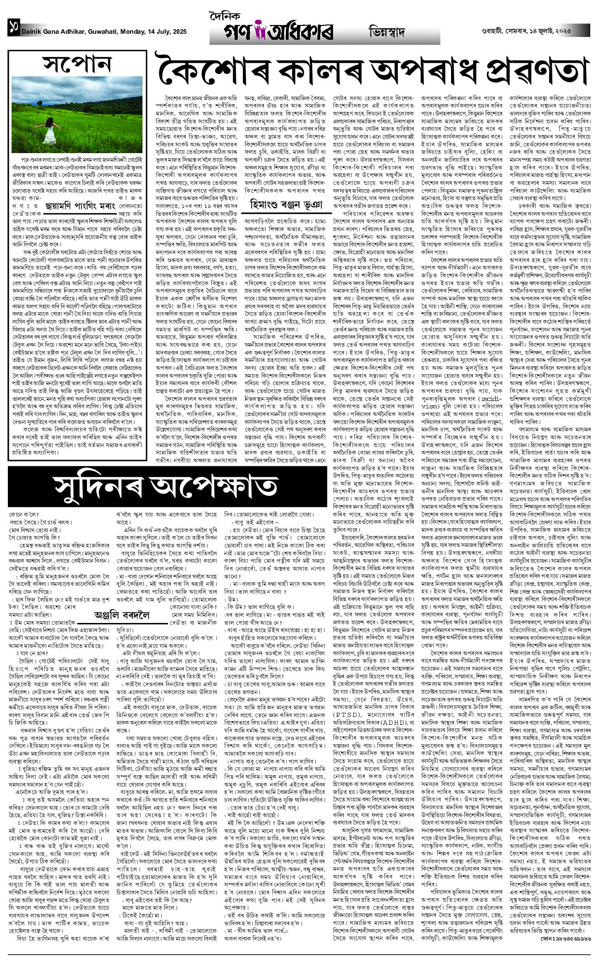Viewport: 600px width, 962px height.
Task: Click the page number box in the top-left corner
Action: [x=13, y=31]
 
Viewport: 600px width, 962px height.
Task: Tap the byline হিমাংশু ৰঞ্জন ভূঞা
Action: [x=287, y=203]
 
